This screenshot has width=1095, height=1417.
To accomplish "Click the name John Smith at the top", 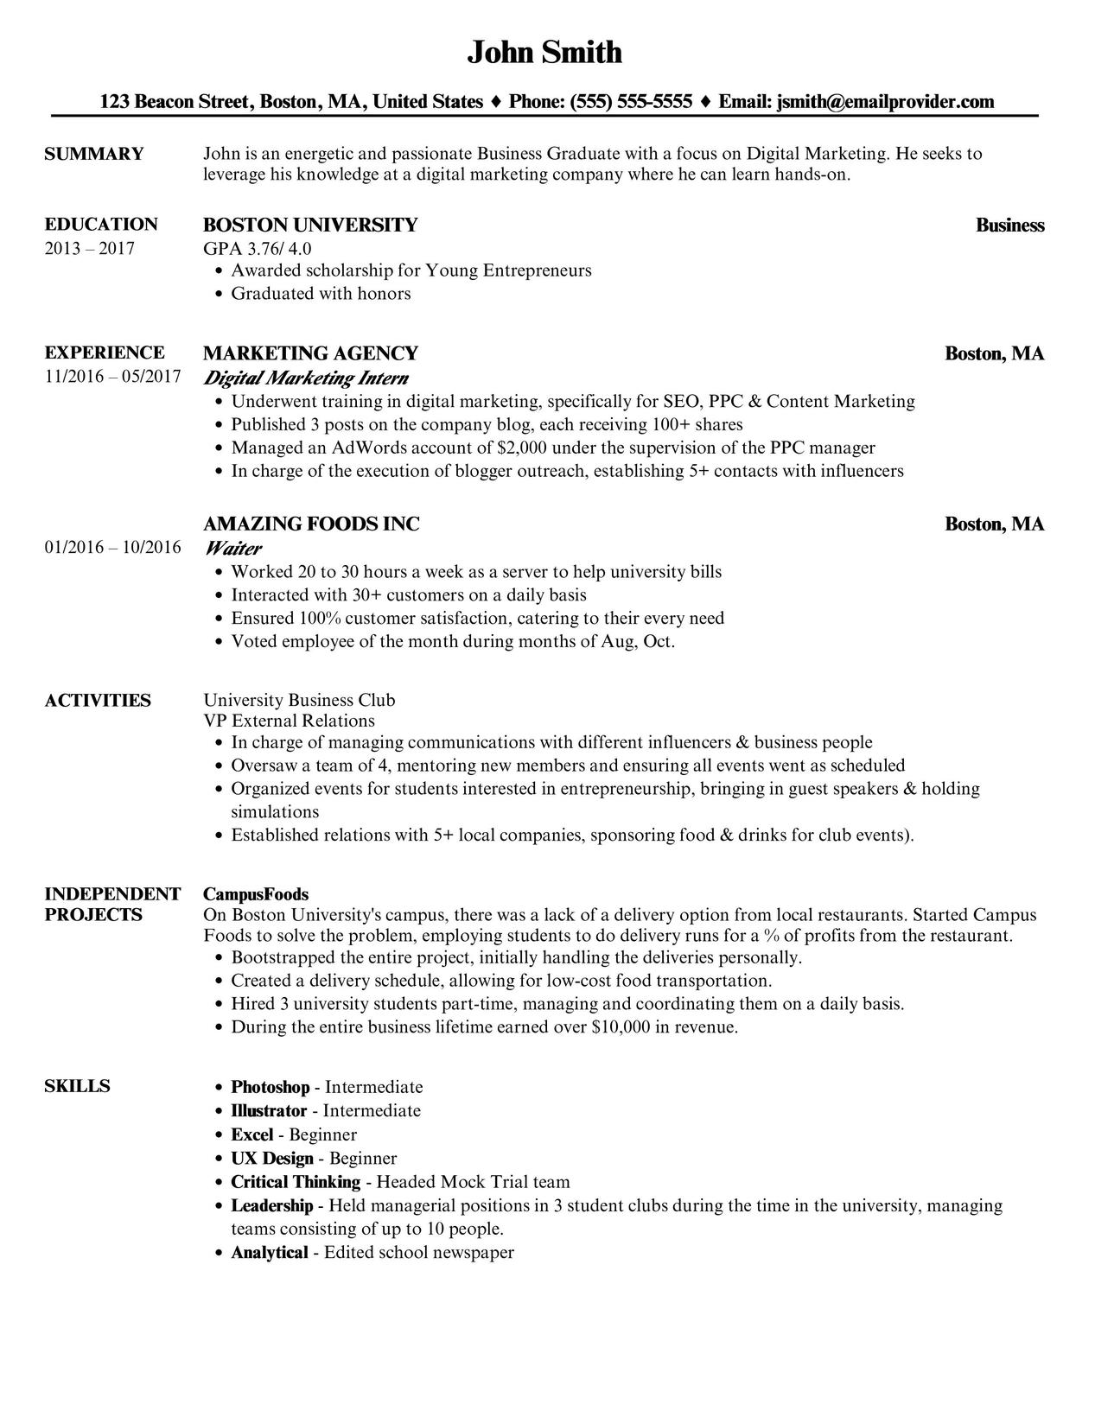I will (544, 53).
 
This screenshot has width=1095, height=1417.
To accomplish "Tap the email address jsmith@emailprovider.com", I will (885, 102).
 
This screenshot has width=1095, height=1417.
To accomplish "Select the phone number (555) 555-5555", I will (631, 102).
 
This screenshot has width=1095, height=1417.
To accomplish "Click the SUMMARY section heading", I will (93, 154).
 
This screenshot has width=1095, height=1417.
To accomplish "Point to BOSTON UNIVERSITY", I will (309, 226).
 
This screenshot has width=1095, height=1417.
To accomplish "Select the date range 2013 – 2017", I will (89, 249).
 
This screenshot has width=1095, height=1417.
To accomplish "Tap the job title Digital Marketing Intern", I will (306, 378).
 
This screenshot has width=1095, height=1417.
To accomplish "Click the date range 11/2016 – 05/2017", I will (112, 377).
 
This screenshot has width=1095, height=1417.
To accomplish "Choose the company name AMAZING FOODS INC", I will (311, 524).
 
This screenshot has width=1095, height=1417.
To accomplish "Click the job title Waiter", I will (232, 548).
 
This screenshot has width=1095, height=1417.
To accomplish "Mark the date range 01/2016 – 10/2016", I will (112, 547).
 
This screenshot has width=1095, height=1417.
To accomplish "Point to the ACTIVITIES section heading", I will (98, 700).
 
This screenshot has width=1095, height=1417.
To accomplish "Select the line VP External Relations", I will (289, 721).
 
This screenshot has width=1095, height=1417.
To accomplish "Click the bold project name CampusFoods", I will (256, 894).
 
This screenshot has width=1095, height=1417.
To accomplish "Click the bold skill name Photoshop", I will (270, 1087).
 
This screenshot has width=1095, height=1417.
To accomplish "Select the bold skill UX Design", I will (271, 1158).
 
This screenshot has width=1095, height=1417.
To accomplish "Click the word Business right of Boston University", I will (1009, 226).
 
